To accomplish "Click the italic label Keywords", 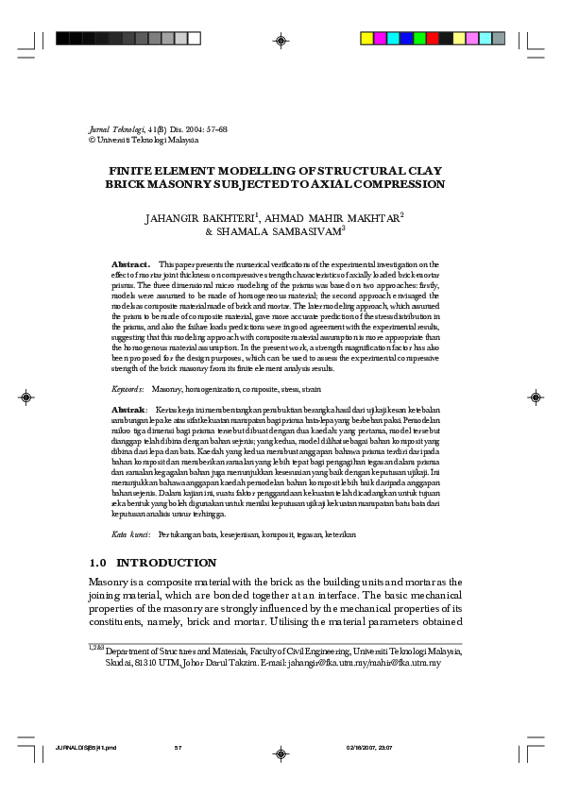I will click(x=128, y=389).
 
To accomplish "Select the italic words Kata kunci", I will click(x=129, y=534).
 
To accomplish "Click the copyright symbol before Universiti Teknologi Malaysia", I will click(x=91, y=140).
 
